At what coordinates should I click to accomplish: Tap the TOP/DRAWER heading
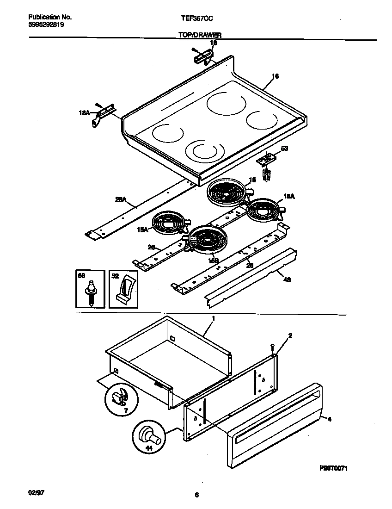(199, 35)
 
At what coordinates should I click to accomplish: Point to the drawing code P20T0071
(333, 468)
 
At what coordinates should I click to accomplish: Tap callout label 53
(284, 149)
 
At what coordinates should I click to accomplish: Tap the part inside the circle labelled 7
(119, 397)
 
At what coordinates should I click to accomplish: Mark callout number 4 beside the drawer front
(329, 419)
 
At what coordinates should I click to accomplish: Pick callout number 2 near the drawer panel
(290, 335)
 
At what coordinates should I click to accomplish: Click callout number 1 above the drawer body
(213, 319)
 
